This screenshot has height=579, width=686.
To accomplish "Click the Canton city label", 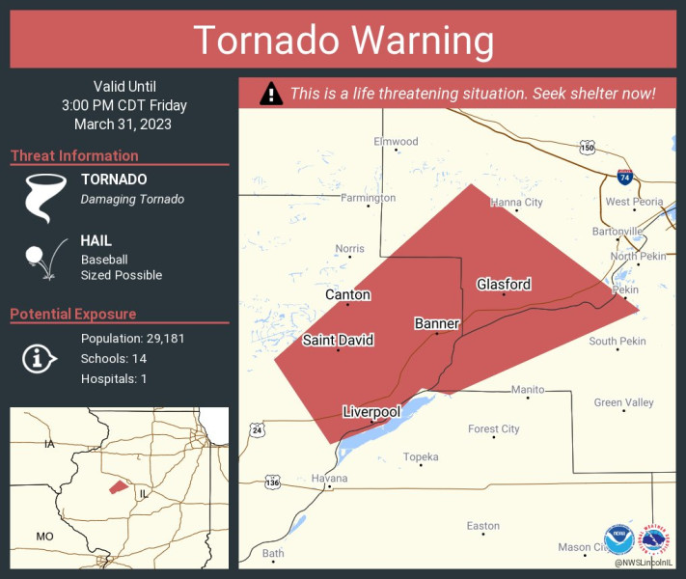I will [x=347, y=294].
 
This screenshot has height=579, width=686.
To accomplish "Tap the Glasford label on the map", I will [x=504, y=284].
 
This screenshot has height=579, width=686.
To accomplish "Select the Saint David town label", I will [x=338, y=340].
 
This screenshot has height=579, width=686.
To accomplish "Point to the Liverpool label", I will [x=371, y=412].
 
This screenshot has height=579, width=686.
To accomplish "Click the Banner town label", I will [x=436, y=323].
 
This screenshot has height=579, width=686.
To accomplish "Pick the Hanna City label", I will [x=516, y=202].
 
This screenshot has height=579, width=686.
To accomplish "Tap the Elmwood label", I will [x=396, y=142].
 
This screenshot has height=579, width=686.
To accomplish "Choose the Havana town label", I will [x=329, y=478].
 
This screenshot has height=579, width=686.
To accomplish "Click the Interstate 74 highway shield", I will [x=624, y=178].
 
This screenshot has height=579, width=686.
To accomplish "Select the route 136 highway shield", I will [x=273, y=481].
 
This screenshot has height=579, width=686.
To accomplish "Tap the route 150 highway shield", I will [x=587, y=148].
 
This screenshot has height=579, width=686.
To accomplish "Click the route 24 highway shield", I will [x=255, y=427].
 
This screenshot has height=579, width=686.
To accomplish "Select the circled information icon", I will [x=38, y=359].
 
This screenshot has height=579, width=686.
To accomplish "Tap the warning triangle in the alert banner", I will [x=272, y=94].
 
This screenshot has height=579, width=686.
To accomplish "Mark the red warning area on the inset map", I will [x=117, y=487].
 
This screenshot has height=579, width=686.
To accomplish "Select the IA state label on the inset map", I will [x=49, y=444].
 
